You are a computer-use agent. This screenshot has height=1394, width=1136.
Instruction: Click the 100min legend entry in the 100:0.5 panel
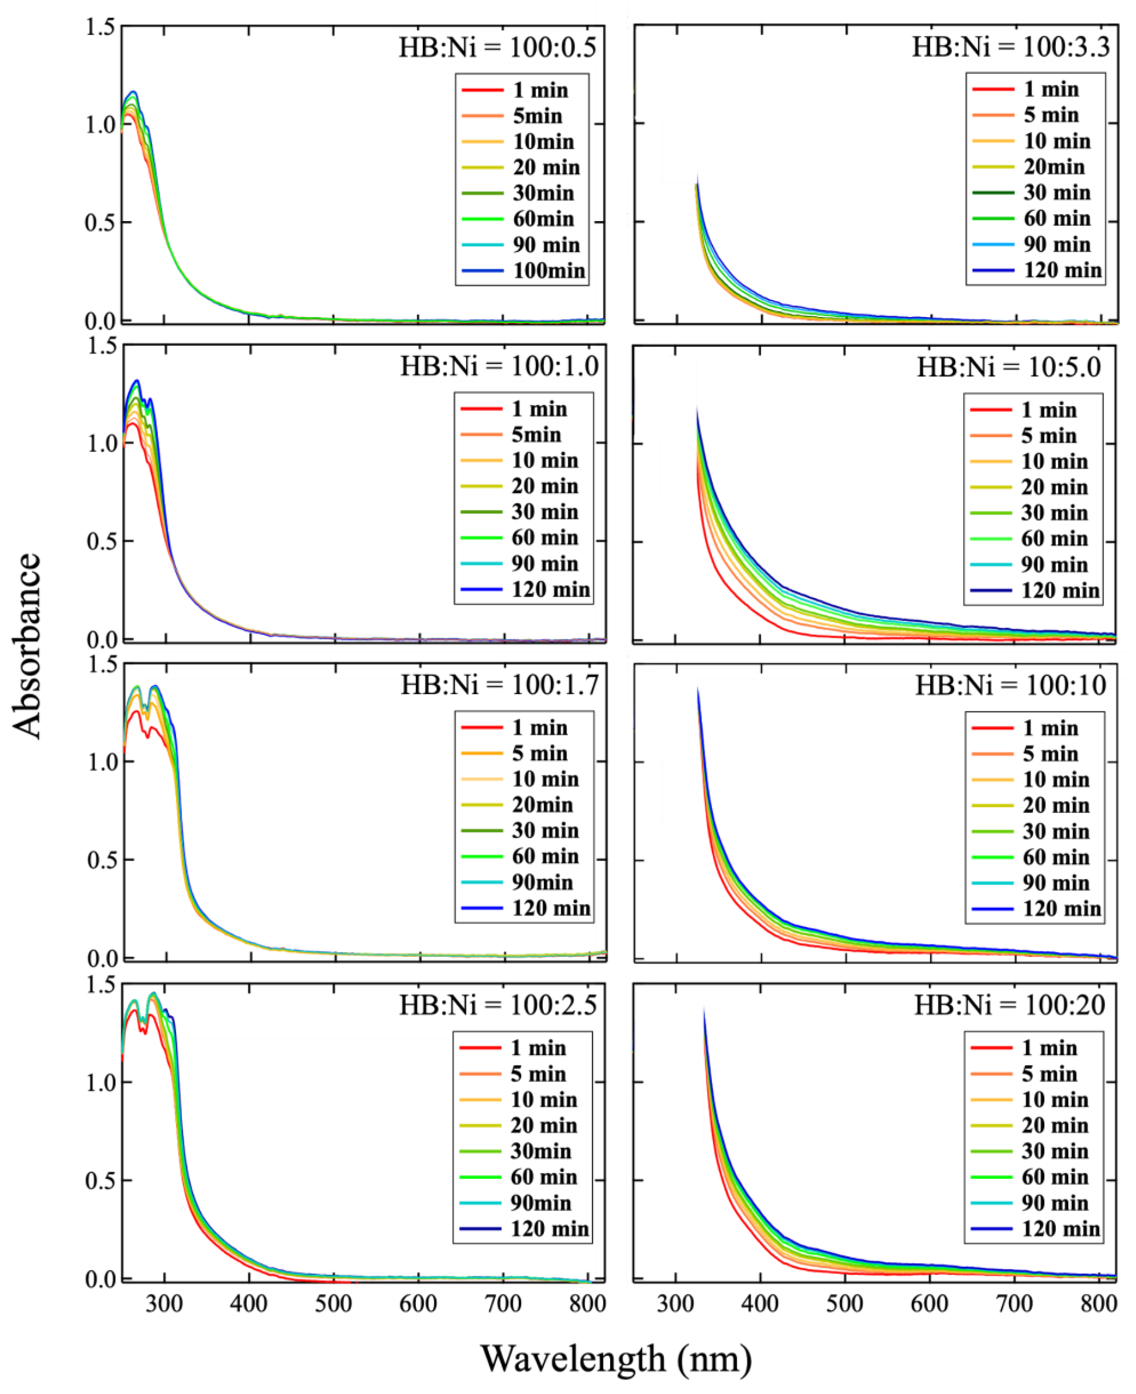click(548, 270)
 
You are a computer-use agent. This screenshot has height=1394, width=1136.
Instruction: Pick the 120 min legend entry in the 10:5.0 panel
click(1060, 590)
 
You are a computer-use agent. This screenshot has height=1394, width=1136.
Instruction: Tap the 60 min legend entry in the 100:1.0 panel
click(545, 538)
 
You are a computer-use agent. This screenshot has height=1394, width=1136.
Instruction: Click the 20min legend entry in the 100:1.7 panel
click(542, 804)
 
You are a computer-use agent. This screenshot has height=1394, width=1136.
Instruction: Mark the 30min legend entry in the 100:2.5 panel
click(540, 1150)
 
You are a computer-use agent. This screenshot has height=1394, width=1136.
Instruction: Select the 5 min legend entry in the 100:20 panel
click(1049, 1073)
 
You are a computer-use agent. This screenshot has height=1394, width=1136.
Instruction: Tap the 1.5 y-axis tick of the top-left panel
click(100, 27)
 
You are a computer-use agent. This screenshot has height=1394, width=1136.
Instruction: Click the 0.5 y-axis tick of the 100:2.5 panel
click(100, 1180)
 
